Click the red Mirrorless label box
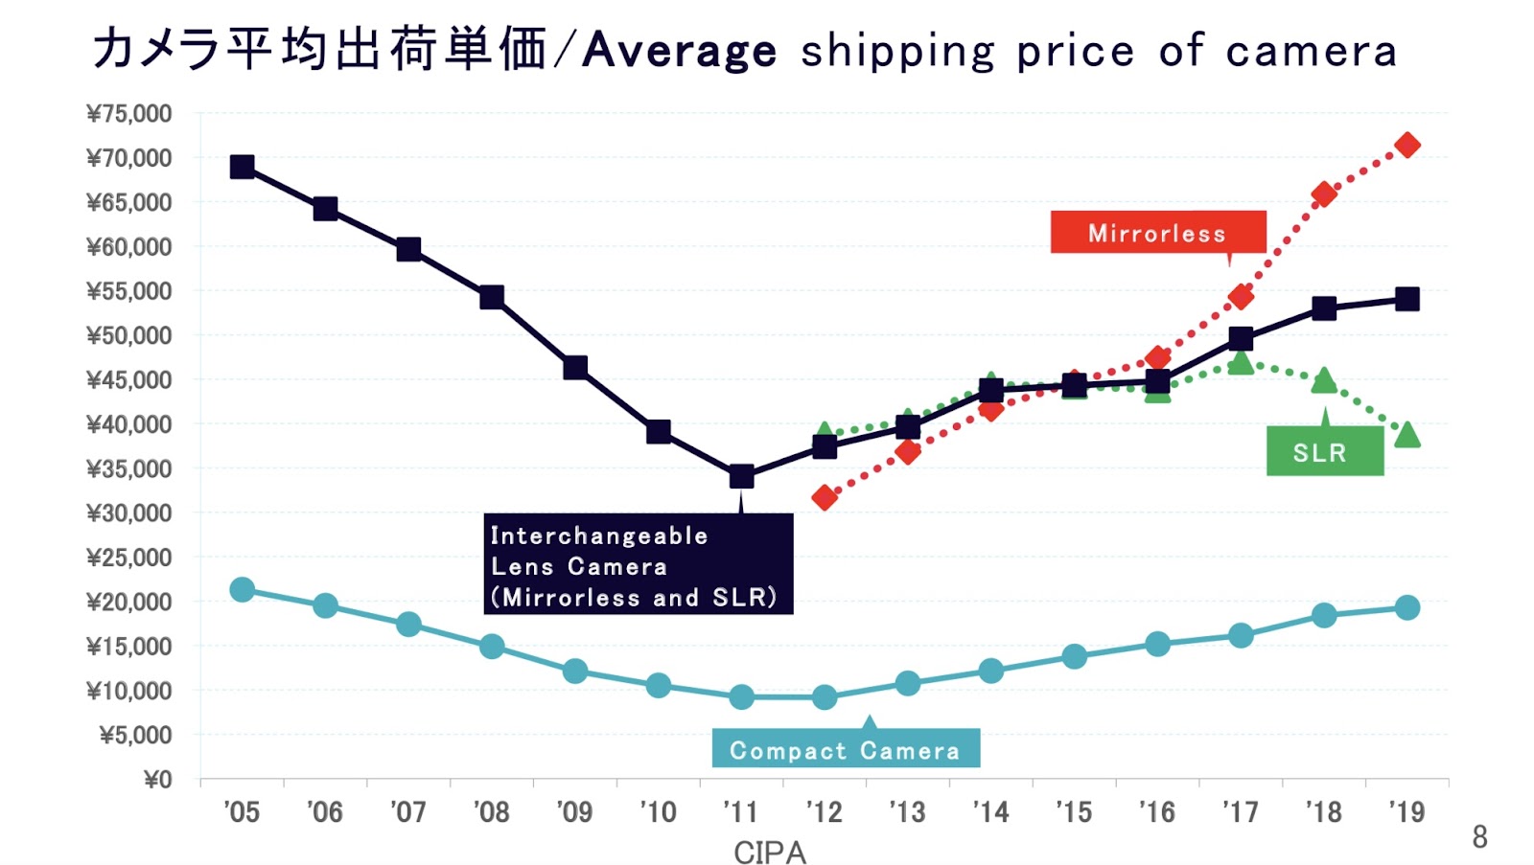[1157, 233]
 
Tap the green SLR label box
[1324, 451]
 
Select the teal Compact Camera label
[845, 749]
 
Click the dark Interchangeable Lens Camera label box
[638, 565]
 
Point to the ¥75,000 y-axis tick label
[129, 114]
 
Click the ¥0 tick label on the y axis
[157, 779]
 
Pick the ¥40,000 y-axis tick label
[129, 424]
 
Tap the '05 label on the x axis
[242, 812]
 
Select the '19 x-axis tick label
[1406, 812]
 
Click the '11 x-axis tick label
[740, 812]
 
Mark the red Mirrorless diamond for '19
[1407, 146]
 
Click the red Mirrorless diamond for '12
[825, 497]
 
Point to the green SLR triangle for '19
[1407, 435]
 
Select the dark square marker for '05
[243, 167]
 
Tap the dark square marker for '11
[741, 476]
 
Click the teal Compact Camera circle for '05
[243, 589]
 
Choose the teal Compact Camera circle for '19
[1407, 607]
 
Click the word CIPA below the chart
[769, 852]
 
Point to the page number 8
[1479, 837]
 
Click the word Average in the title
[679, 50]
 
